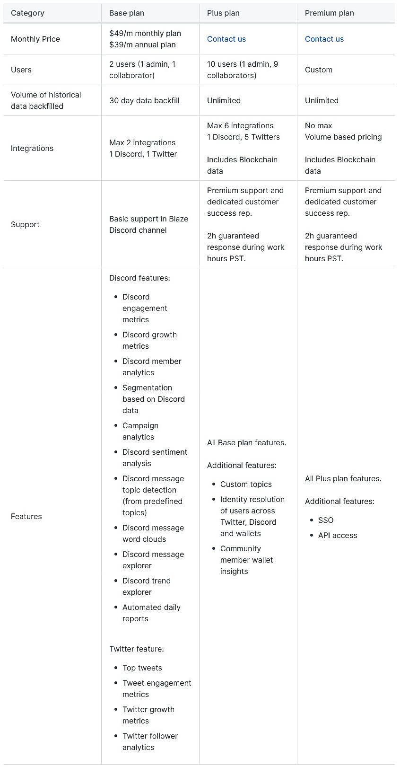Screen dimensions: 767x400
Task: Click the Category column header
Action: tap(27, 13)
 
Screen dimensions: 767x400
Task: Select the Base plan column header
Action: tap(127, 13)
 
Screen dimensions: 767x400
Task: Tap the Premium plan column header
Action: tap(329, 13)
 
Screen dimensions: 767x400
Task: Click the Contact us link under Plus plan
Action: tap(226, 39)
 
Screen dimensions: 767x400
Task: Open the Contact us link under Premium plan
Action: tap(324, 39)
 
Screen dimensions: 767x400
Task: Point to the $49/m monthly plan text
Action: tap(145, 33)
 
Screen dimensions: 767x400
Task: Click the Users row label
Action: tap(21, 70)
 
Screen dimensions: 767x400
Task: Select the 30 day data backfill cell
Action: tap(144, 100)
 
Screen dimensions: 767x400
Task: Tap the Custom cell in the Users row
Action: tap(319, 70)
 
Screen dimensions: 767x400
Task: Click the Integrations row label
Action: tap(32, 148)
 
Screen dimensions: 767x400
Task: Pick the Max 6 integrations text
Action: tap(240, 125)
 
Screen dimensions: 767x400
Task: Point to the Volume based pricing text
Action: tap(343, 137)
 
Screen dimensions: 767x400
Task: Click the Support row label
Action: tap(25, 224)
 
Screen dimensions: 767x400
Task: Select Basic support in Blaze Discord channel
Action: tap(148, 224)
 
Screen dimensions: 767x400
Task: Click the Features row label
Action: tap(26, 516)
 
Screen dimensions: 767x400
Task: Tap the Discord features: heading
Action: tap(139, 278)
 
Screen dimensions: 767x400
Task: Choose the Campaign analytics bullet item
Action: tap(140, 431)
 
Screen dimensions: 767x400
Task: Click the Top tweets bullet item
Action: tap(142, 668)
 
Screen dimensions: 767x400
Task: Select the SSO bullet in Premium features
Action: tap(326, 520)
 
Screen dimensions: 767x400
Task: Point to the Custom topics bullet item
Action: tap(246, 484)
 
